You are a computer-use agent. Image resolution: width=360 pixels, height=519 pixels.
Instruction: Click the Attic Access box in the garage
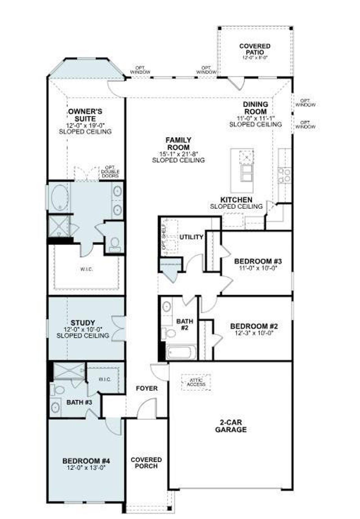[196, 382]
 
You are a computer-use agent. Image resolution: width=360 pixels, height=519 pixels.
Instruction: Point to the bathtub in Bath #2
[181, 353]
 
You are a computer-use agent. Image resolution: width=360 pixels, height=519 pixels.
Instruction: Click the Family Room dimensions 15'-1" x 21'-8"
[178, 154]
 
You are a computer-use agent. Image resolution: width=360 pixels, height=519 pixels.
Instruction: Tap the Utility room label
[191, 237]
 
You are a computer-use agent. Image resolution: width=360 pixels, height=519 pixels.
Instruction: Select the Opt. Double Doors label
[110, 172]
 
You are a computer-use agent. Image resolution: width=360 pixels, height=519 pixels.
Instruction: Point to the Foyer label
[147, 388]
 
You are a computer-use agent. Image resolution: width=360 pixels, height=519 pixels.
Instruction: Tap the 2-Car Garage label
[231, 426]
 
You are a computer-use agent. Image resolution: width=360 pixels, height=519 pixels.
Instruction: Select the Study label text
[83, 323]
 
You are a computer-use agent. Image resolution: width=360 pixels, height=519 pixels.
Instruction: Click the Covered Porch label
[146, 463]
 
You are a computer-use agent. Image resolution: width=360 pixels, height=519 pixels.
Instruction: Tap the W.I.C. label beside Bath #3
[105, 379]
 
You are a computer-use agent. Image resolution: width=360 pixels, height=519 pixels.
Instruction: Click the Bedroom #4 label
[86, 461]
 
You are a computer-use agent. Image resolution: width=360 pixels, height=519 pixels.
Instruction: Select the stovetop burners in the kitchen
[284, 175]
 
